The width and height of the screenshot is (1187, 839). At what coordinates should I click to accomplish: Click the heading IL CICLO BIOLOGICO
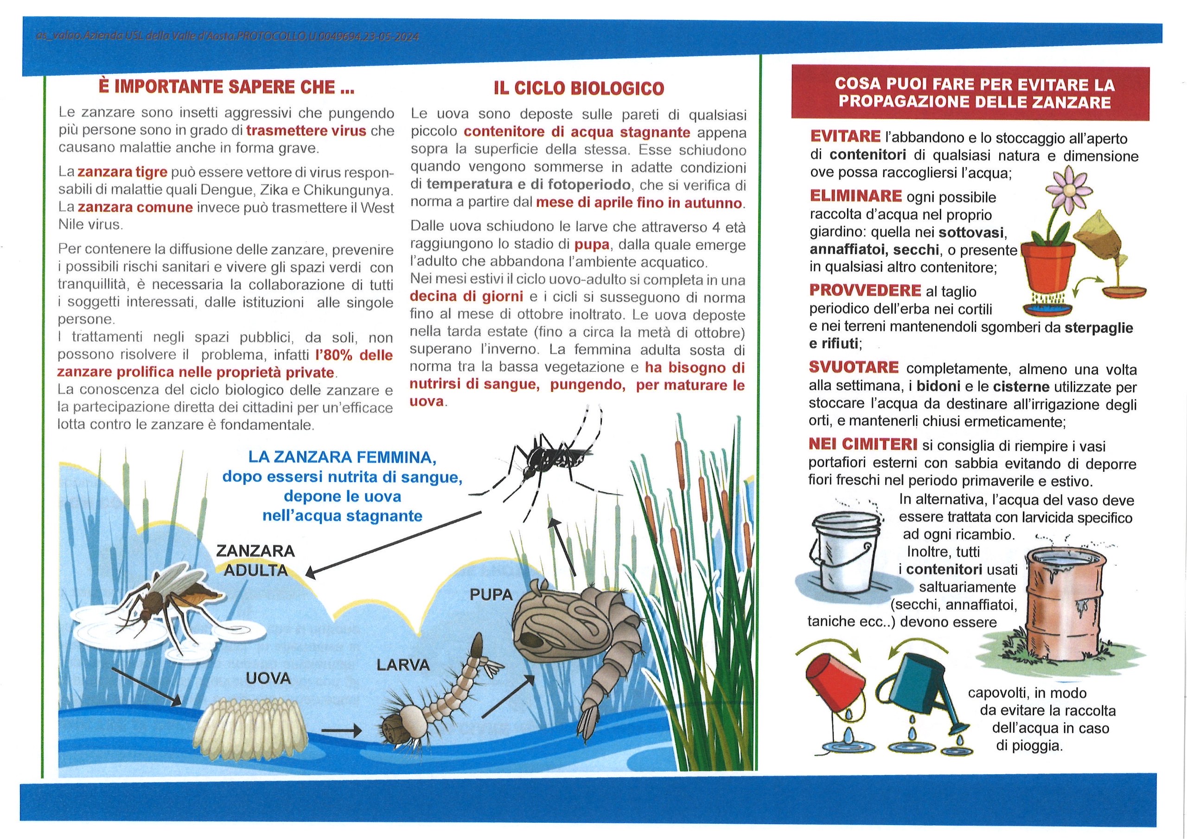click(x=579, y=88)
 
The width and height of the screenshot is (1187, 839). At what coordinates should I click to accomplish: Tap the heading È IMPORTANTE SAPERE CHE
click(x=226, y=86)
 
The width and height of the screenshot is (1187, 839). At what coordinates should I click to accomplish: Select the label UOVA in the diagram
click(x=268, y=678)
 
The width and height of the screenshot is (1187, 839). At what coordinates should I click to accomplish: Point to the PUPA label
click(x=491, y=595)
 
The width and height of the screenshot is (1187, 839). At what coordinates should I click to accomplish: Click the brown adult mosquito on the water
click(x=166, y=600)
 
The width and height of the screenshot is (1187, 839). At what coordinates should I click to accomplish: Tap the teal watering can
click(x=920, y=687)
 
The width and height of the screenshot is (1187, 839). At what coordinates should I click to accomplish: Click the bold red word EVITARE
click(x=845, y=136)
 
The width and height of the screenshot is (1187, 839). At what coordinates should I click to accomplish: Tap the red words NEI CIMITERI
click(x=863, y=444)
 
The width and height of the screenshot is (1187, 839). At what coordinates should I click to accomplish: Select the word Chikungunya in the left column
click(x=348, y=190)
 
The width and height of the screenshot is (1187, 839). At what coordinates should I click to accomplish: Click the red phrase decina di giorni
click(x=466, y=296)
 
